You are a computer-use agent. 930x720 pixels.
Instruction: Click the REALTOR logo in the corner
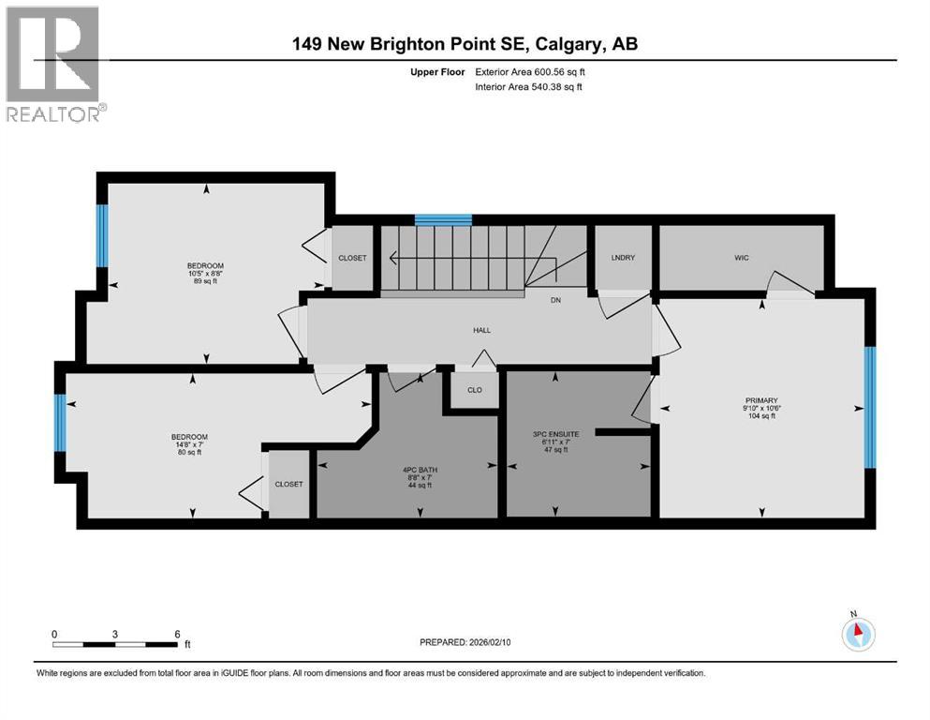coord(54,65)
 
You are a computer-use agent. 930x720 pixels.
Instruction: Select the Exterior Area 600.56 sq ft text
coord(533,71)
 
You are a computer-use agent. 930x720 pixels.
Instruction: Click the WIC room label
coord(742,257)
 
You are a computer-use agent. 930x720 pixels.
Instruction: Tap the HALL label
coord(481,330)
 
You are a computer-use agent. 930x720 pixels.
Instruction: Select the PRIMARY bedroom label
coord(761,406)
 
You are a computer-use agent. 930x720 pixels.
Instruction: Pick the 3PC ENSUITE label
coord(555,441)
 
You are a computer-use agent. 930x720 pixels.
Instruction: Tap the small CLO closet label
coord(475,390)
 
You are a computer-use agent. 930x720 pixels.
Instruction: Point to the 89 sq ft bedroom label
coord(205,273)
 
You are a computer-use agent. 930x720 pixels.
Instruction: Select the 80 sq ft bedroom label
coord(188,444)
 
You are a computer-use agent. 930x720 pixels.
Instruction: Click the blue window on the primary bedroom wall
coord(869,407)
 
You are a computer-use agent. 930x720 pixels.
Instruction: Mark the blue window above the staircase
coord(443,219)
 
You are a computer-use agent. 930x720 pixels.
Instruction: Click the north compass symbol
coord(858,634)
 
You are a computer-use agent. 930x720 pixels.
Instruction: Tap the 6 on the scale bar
coord(177,634)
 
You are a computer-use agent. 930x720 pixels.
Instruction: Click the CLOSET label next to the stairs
coord(352,258)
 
